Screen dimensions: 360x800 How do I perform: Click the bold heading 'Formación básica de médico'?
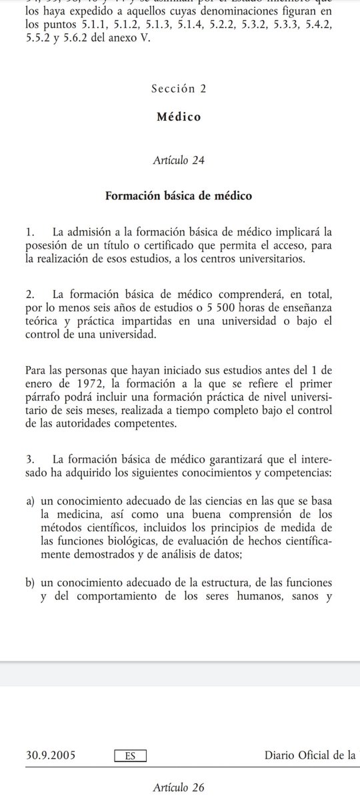(178, 196)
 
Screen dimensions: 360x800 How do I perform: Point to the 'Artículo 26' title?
(178, 787)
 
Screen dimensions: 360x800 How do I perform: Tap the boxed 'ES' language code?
(130, 755)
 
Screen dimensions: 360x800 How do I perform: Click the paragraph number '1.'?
(29, 233)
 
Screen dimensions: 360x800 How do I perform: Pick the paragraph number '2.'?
(29, 294)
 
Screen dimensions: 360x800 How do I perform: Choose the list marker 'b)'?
(31, 583)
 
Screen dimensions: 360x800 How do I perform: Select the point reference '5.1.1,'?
(89, 25)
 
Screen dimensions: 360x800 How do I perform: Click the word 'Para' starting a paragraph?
(37, 370)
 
